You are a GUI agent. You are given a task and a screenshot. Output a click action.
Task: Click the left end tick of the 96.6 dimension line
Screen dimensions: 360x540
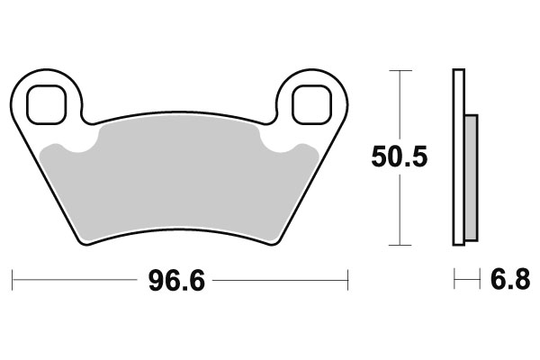point(12,280)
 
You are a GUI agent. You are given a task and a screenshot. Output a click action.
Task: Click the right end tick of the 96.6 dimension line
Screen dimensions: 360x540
point(347,280)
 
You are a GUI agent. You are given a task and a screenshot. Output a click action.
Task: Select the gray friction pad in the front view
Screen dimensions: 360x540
point(180,180)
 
